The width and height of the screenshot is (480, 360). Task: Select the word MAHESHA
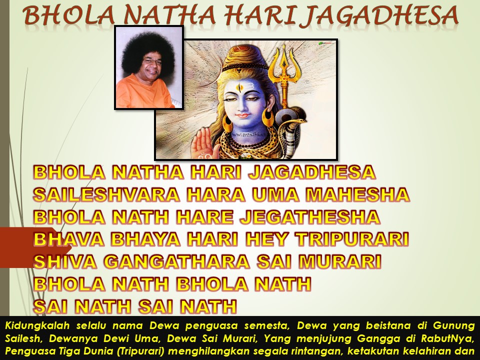357,194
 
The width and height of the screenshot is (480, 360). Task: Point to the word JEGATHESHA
310,217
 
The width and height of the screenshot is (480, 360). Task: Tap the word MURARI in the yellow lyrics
340,261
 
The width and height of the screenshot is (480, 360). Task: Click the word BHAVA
68,239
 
